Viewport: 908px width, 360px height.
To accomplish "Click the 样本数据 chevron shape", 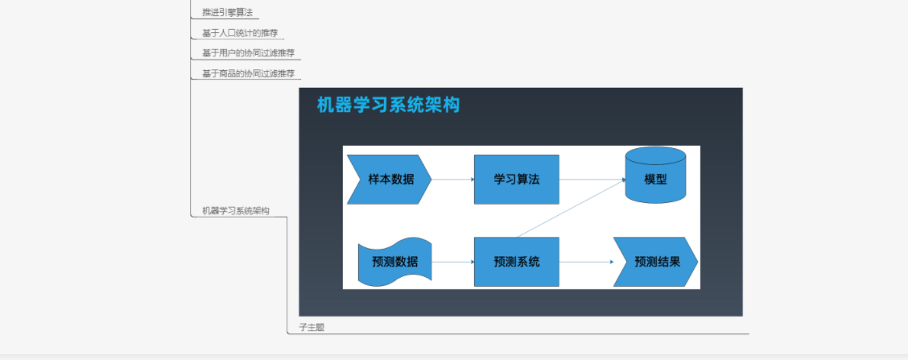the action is click(x=389, y=179).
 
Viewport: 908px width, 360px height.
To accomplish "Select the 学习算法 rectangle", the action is click(x=517, y=179).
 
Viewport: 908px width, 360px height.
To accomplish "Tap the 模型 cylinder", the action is click(x=655, y=175).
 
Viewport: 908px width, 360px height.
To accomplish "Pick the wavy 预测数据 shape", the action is click(x=395, y=262).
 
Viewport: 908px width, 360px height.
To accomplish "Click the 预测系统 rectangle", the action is click(x=517, y=262).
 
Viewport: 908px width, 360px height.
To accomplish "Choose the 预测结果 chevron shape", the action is click(x=655, y=262).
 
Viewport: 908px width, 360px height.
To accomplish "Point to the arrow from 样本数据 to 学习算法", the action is click(x=453, y=179).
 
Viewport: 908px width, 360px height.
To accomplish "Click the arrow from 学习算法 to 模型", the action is click(x=592, y=179).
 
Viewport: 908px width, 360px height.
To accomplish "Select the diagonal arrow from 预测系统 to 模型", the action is click(x=571, y=208).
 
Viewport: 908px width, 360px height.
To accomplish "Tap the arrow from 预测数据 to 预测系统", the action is click(x=453, y=262).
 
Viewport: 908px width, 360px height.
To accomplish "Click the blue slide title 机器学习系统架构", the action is click(x=388, y=105).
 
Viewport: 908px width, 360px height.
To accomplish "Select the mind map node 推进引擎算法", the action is click(x=228, y=12).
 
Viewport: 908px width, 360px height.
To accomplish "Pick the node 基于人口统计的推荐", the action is click(x=240, y=33).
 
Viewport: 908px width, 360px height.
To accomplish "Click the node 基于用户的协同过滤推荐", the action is click(x=248, y=53).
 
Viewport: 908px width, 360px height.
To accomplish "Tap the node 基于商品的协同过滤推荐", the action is click(x=248, y=73).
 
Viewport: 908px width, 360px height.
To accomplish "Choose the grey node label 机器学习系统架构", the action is click(x=236, y=211).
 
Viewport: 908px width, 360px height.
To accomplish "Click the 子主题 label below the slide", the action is click(x=312, y=328).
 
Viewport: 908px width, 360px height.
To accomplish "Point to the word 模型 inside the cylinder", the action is click(x=655, y=179).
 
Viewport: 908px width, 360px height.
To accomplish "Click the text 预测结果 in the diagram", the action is click(x=658, y=262).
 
